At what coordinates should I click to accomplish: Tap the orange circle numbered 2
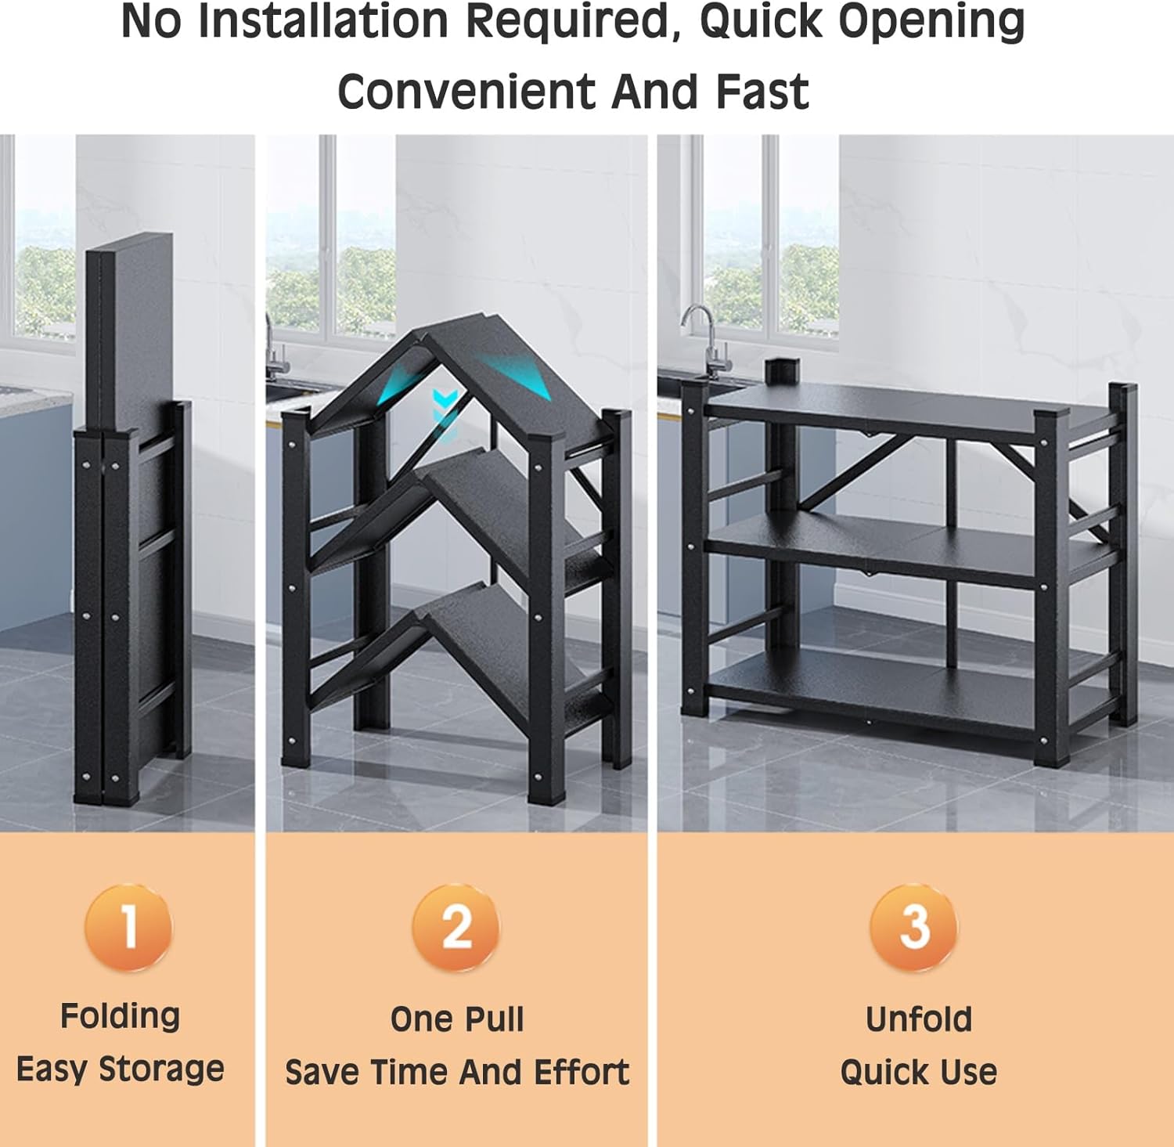coord(456,927)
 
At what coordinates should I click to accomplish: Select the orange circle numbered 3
coord(914,927)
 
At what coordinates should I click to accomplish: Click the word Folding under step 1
coord(121,1017)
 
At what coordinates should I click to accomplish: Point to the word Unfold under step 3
coord(919,1019)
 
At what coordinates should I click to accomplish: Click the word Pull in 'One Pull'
coord(493,1019)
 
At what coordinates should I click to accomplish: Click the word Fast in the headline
coord(762,92)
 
